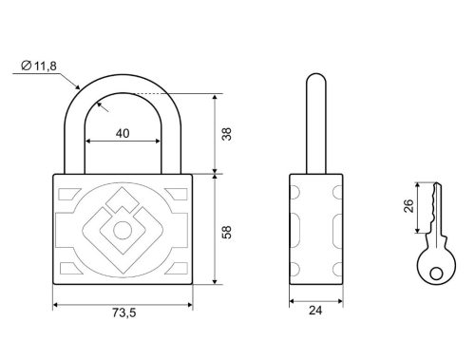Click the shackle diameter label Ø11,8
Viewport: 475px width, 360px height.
(39, 66)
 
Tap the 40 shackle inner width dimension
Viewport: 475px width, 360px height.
(123, 133)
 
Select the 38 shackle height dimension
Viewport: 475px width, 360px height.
(227, 134)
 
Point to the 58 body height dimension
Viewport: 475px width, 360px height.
(227, 232)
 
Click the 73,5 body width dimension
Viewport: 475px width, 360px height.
(123, 313)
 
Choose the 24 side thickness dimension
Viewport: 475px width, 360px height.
(315, 311)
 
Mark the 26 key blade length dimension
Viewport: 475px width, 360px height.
(408, 206)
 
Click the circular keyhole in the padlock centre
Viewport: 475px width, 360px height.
(123, 231)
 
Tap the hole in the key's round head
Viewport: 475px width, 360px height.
(436, 273)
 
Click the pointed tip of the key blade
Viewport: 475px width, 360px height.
(437, 183)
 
